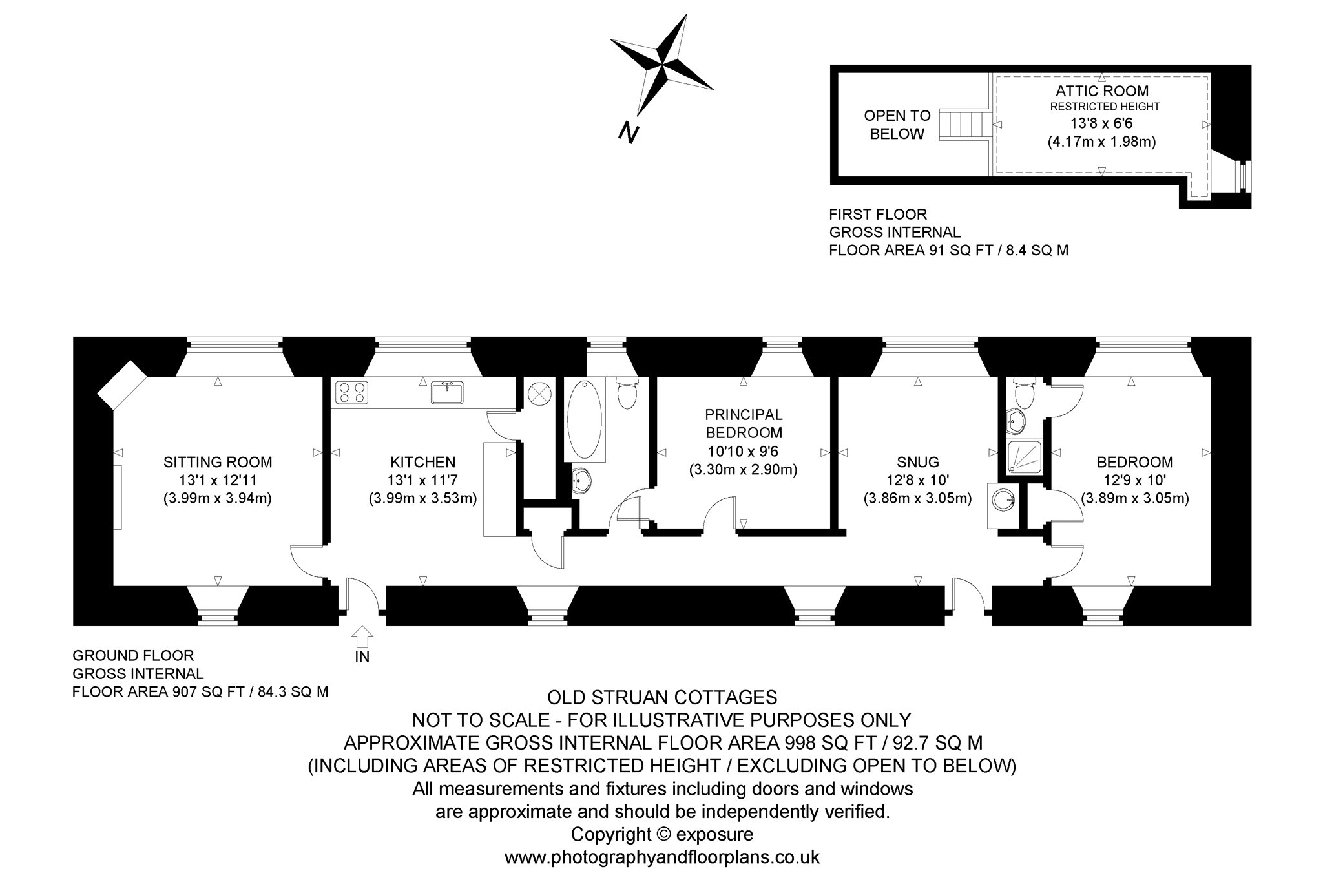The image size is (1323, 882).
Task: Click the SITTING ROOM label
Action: coord(218,462)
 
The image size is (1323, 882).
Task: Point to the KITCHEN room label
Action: coord(422,462)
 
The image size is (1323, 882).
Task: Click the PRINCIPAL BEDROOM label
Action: coord(744,423)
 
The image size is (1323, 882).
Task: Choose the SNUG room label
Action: coord(917,462)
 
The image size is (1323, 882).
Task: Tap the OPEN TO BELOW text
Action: coord(897,125)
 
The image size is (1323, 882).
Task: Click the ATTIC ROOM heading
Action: coord(1102,90)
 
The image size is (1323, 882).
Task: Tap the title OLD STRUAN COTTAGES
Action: coord(662,698)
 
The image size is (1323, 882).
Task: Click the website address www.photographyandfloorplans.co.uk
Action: coord(662,857)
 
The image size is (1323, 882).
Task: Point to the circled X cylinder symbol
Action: coord(539,393)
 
